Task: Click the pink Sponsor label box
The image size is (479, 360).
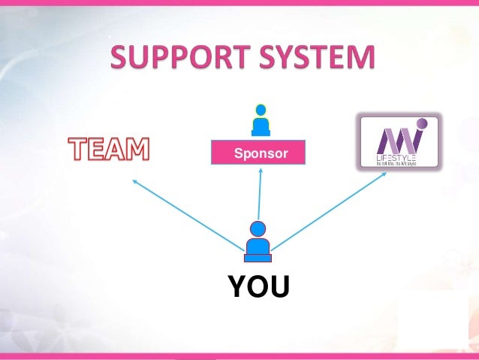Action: [x=259, y=153]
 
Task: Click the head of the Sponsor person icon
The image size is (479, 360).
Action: [x=261, y=110]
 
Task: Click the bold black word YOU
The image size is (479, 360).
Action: [x=258, y=286]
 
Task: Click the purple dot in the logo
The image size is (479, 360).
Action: [x=422, y=123]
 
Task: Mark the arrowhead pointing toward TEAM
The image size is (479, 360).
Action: [x=134, y=180]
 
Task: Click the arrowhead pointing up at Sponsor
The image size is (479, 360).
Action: [x=261, y=170]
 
